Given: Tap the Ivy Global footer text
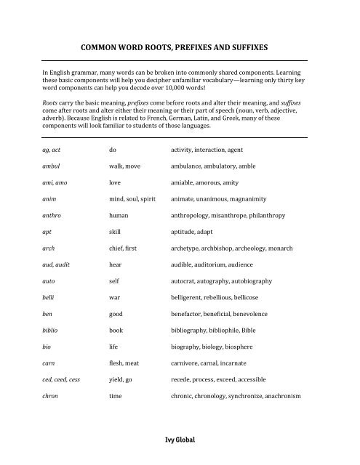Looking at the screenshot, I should [x=180, y=440].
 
